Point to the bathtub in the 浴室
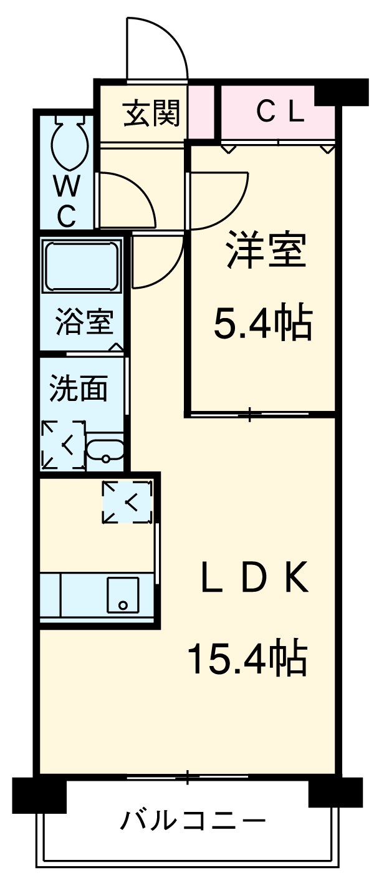click(82, 264)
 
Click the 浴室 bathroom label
click(84, 322)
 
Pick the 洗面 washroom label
click(79, 388)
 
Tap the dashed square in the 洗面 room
click(63, 445)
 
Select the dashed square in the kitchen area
click(127, 501)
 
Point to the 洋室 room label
click(265, 249)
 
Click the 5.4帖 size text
click(262, 322)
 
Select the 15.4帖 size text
click(247, 659)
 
